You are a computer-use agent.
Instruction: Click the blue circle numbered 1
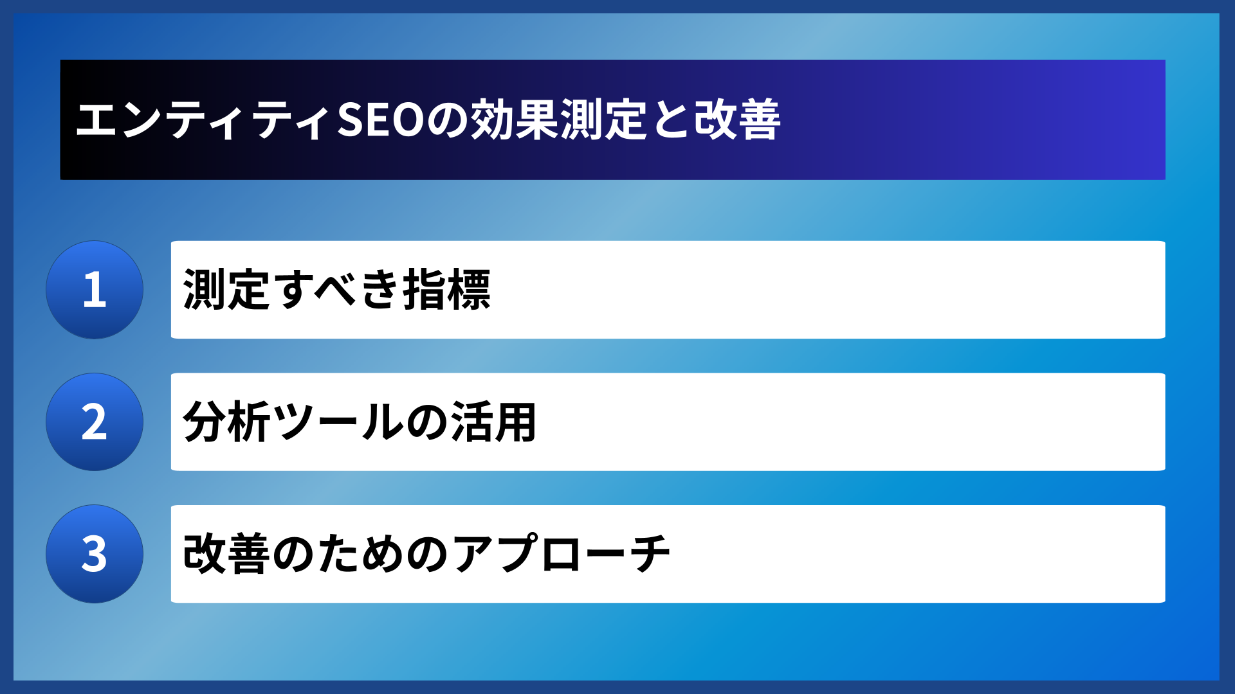point(95,290)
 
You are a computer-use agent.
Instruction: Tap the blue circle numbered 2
point(95,422)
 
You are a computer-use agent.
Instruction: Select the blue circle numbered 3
point(95,554)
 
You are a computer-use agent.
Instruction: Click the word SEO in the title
point(380,120)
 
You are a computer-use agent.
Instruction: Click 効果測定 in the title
point(558,120)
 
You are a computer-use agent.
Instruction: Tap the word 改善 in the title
point(737,120)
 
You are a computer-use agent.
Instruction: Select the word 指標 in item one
point(447,290)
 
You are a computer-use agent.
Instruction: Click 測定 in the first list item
point(226,290)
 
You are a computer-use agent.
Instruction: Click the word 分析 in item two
point(226,422)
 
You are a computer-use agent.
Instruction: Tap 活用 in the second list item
point(494,422)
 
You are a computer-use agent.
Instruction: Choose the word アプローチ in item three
point(562,554)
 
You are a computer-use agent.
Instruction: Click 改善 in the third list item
point(226,554)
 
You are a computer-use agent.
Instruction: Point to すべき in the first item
point(337,290)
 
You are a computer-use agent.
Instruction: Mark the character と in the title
point(670,120)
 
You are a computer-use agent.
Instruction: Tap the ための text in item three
point(360,554)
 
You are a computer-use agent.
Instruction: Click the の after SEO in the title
point(447,120)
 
